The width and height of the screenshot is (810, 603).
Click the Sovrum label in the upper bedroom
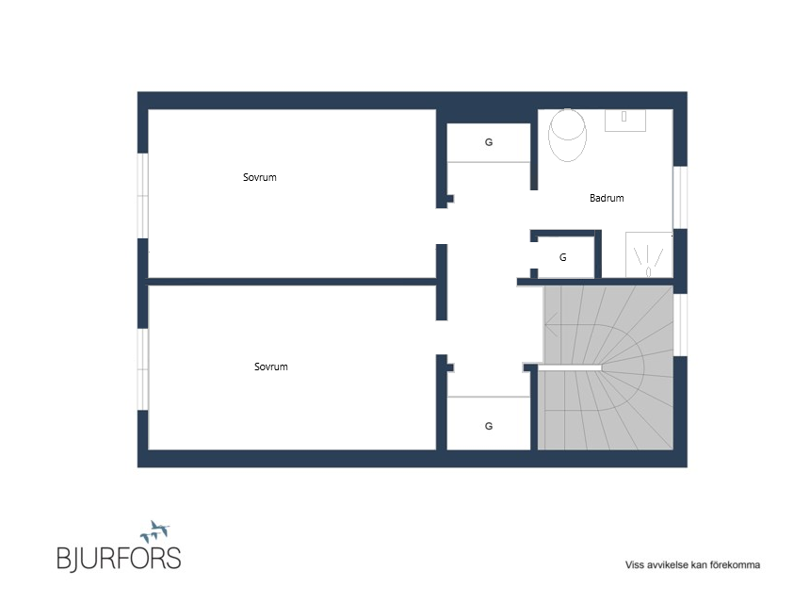[x=259, y=177]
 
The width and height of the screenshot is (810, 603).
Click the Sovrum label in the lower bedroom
[x=270, y=367]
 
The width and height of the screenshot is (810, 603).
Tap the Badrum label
[x=607, y=198]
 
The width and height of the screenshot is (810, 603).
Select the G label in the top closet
[x=489, y=142]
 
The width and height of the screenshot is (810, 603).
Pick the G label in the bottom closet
[x=489, y=426]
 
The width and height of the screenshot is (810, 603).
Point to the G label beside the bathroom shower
[x=563, y=257]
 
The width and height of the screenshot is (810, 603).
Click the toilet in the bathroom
[x=567, y=135]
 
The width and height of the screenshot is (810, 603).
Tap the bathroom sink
[x=625, y=120]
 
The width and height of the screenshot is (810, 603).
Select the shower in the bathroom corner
[x=649, y=254]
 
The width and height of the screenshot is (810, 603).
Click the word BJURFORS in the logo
[x=119, y=558]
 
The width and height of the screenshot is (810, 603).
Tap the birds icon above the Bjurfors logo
[x=155, y=531]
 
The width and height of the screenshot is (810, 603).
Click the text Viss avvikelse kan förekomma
[x=692, y=564]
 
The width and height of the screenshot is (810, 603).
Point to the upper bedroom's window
[x=143, y=195]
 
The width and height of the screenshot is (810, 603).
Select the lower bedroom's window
[x=143, y=369]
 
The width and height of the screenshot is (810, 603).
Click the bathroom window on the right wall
[x=680, y=197]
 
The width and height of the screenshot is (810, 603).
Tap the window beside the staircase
[x=680, y=324]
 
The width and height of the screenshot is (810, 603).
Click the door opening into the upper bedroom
[x=442, y=226]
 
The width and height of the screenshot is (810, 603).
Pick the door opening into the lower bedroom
[x=442, y=337]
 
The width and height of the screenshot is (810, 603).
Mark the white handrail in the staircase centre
[x=570, y=367]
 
